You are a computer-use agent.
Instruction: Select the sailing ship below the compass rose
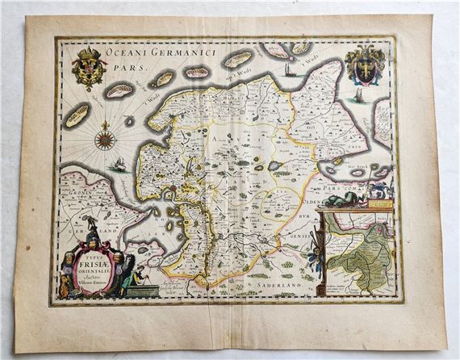pos(120,165)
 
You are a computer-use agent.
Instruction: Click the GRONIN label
pos(71,195)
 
